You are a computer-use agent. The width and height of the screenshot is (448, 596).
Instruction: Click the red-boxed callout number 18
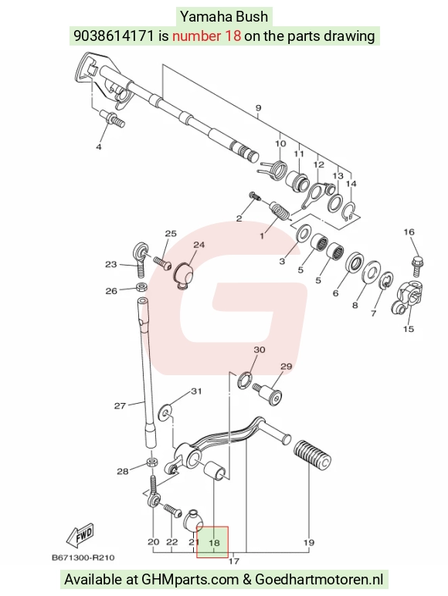pos(214,542)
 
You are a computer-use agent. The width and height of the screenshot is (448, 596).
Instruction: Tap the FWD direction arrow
pos(80,536)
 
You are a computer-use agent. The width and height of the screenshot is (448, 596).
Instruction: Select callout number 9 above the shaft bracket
pos(258,108)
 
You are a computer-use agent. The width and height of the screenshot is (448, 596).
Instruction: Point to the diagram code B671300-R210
pos(83,558)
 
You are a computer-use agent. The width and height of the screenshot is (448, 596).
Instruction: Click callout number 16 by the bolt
pos(409,232)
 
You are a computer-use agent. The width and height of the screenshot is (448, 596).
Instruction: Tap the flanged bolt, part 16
pos(418,267)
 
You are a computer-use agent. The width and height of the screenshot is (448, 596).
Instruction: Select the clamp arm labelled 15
pos(406,299)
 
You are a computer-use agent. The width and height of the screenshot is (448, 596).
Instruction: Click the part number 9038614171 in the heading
pos(114,36)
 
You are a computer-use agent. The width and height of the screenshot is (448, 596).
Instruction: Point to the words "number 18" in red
pos(206,36)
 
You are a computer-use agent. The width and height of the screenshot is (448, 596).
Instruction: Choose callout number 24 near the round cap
pos(199,245)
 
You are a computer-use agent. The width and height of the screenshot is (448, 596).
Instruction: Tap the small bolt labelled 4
pos(113,119)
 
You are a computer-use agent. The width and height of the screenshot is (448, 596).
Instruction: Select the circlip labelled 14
pos(349,212)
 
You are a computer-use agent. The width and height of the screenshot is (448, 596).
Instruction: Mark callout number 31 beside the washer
pos(196,391)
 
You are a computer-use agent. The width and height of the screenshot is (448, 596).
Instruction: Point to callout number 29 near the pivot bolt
pos(286,367)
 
